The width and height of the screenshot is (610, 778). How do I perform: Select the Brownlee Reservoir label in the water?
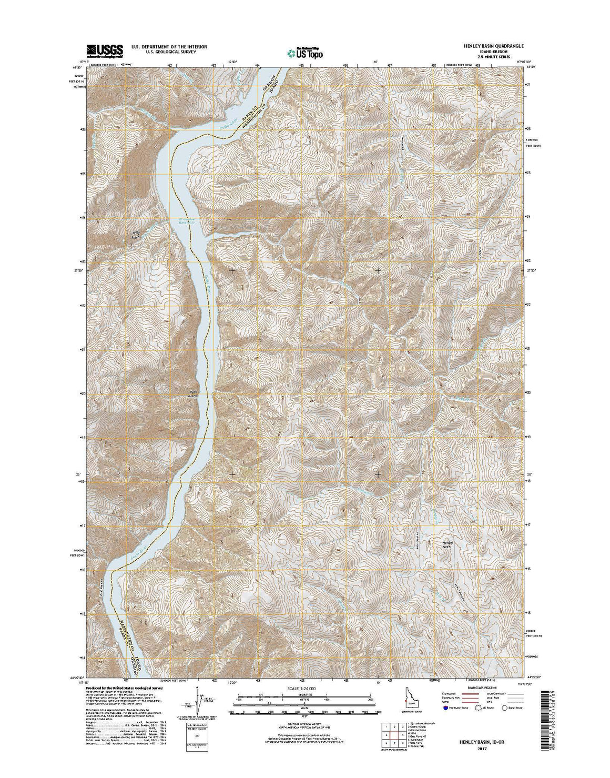pyautogui.click(x=184, y=222)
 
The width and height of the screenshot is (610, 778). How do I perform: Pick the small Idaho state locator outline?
pyautogui.click(x=408, y=694)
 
